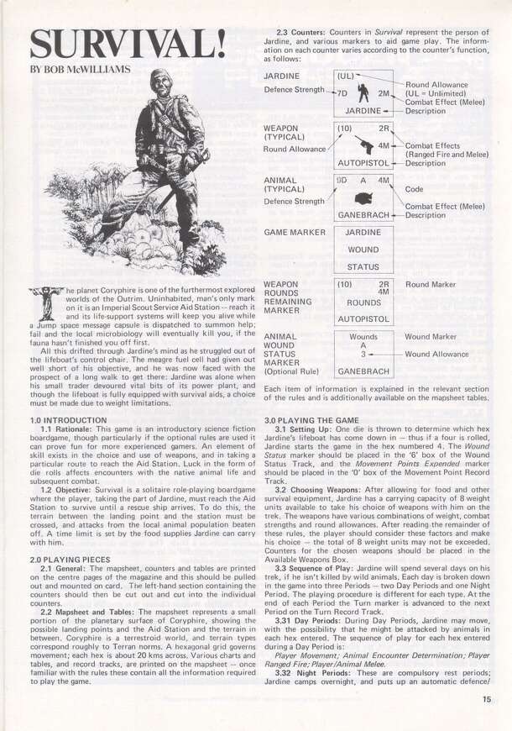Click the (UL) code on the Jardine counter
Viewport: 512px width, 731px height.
point(345,76)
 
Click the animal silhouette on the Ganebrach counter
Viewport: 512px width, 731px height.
point(363,198)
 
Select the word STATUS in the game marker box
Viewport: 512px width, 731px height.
point(363,267)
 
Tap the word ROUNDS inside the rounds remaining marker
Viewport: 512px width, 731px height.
point(363,302)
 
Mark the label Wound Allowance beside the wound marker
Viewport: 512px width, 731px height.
point(442,354)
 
